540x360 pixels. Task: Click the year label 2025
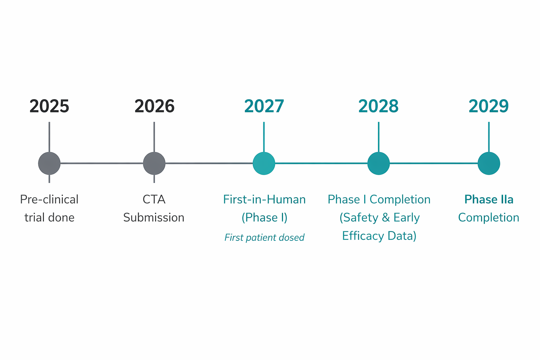coord(49,106)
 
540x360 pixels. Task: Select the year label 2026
coord(154,106)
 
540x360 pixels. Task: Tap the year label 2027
coord(264,106)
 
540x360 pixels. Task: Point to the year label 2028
coord(378,106)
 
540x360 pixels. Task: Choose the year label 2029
coord(489,106)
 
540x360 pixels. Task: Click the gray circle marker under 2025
coord(49,163)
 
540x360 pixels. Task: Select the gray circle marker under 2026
coord(154,163)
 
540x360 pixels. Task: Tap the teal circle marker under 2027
coord(264,163)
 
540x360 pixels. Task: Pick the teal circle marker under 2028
coord(379,163)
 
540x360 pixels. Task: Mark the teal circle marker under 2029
coord(489,163)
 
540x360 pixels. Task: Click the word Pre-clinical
coord(49,199)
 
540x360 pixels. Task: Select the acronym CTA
coord(154,199)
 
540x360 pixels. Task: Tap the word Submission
coord(154,218)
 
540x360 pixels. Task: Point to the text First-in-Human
coord(264,199)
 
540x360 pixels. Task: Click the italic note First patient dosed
coord(264,238)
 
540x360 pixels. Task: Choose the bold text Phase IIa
coord(489,199)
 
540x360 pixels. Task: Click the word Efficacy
coord(363,236)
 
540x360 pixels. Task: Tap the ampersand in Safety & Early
coord(386,218)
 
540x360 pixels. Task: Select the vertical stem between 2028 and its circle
coord(379,137)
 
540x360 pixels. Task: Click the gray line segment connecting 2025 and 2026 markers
coord(102,163)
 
